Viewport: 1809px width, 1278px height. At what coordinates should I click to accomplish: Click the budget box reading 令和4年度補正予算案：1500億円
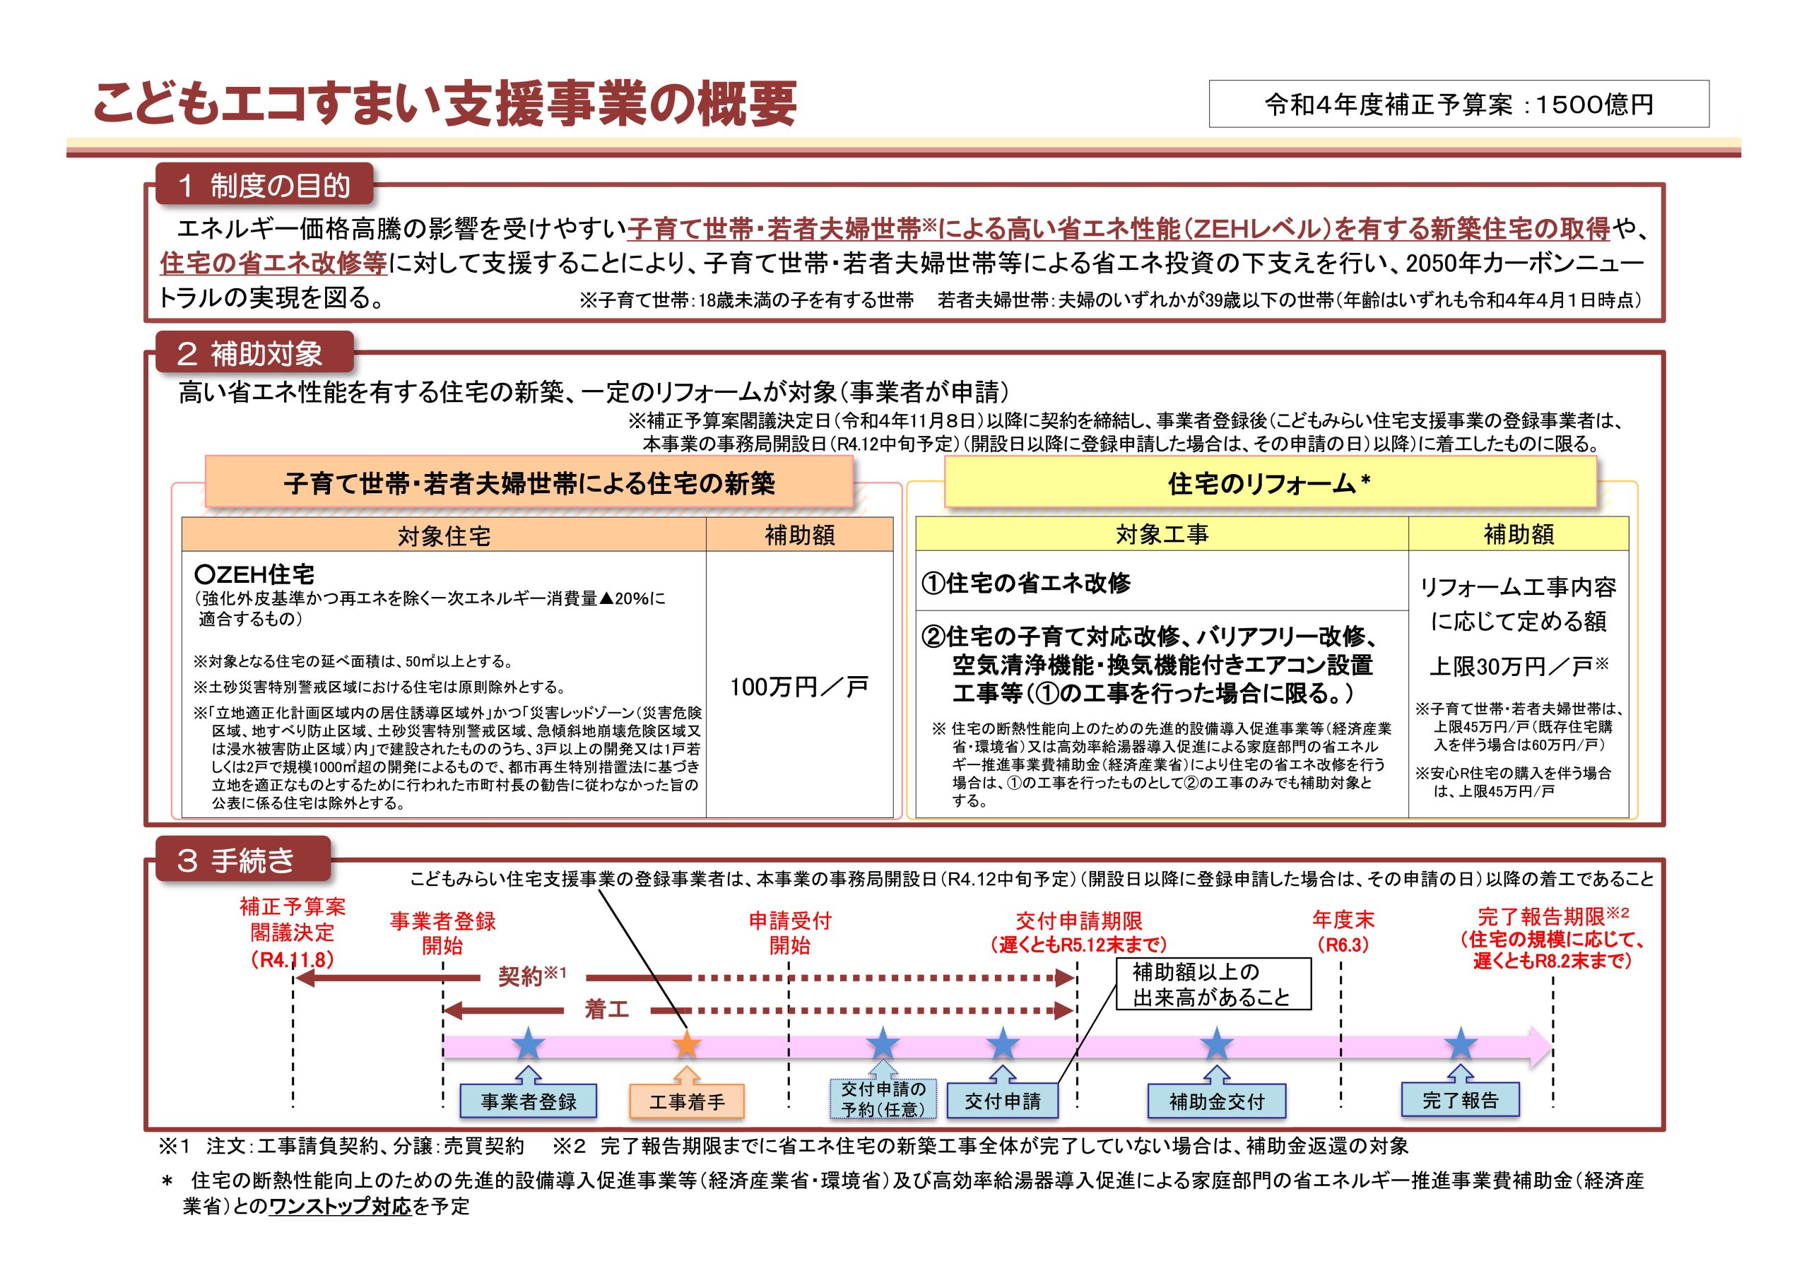coord(1459,103)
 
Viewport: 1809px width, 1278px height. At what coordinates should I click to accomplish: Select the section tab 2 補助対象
coord(254,354)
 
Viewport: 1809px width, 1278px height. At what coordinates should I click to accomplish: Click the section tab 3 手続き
coord(242,860)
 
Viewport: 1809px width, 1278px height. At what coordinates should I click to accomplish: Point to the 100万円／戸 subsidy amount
coord(799,687)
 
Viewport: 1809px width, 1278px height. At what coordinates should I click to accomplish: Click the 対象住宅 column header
coord(444,535)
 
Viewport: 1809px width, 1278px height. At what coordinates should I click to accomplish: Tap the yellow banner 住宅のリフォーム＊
coord(1270,483)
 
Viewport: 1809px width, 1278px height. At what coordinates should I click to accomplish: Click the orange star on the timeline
coord(686,1044)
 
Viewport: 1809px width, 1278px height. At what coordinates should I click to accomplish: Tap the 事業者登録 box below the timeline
coord(529,1101)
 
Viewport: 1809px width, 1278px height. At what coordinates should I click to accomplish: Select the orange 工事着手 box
coord(686,1101)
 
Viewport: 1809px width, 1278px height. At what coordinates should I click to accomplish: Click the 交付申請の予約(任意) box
coord(883,1099)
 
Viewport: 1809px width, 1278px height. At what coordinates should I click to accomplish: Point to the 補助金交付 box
coord(1217,1101)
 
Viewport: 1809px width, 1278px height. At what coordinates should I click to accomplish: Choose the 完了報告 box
coord(1460,1100)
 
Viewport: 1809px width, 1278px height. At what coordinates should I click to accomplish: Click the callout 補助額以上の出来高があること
coord(1214,984)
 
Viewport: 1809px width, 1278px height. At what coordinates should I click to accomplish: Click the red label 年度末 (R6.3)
coord(1343,931)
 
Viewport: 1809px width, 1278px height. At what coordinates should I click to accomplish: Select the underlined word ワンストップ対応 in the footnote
coord(341,1207)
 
